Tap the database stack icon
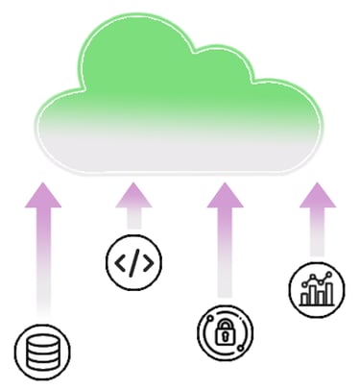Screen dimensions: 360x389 coord(42,352)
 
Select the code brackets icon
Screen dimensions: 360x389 coord(133,260)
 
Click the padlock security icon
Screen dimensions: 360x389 coord(224,331)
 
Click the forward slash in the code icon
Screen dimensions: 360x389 coord(133,260)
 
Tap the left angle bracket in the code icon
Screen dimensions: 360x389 coord(121,260)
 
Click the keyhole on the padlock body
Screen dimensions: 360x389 coord(224,336)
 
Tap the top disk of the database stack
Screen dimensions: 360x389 coord(42,341)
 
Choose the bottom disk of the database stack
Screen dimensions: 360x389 coord(42,363)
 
